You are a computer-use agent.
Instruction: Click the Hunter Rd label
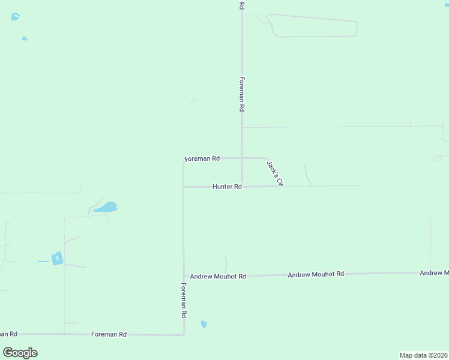pos(227,187)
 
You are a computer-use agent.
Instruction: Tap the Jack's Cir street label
pos(274,172)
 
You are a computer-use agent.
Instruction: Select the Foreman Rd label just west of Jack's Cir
pos(202,158)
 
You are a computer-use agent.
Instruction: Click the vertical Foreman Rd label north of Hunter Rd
pos(242,94)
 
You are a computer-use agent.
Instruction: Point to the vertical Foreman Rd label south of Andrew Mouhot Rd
pos(184,301)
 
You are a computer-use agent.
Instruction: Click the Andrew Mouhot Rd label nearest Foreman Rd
pos(218,277)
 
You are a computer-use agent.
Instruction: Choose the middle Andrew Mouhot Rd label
pos(316,274)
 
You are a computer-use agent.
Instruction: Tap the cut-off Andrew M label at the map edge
pos(434,273)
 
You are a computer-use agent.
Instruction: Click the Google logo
pos(20,353)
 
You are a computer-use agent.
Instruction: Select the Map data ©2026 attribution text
pos(424,355)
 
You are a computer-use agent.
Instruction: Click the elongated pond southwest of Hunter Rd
pos(106,208)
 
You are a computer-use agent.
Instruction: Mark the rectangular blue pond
pos(57,259)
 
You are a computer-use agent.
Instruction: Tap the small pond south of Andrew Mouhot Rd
pos(203,324)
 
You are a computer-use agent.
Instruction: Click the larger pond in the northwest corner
pos(15,17)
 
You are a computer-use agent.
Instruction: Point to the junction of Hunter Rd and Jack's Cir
pos(281,186)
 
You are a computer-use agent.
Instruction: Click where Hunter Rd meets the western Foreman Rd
pos(184,187)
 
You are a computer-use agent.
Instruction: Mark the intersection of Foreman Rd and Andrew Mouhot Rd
pos(184,276)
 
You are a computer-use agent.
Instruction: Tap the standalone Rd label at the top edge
pos(242,5)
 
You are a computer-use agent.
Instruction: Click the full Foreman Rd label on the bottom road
pos(109,334)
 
